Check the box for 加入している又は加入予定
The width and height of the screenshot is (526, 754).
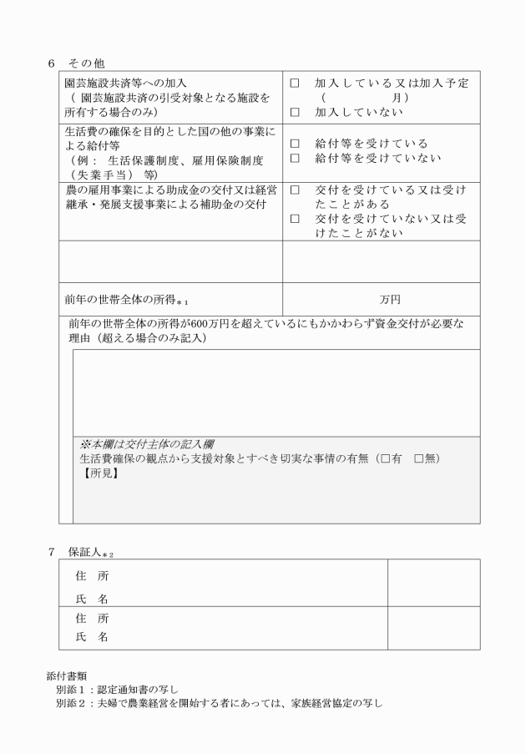(294, 84)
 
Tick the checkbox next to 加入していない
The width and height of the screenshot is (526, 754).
(294, 112)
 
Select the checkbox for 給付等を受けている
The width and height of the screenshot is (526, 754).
(294, 144)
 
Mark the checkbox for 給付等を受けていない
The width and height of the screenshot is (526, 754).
(294, 158)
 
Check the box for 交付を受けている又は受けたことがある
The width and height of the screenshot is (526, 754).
(294, 190)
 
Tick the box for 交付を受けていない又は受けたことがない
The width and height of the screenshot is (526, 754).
(294, 219)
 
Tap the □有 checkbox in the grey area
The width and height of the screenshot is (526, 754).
(385, 458)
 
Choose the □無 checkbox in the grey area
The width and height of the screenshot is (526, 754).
(419, 458)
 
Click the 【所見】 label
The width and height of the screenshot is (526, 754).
(99, 473)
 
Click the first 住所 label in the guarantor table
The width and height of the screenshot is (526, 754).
(92, 576)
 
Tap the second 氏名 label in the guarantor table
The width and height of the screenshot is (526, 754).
(92, 637)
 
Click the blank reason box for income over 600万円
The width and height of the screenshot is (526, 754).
(276, 392)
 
